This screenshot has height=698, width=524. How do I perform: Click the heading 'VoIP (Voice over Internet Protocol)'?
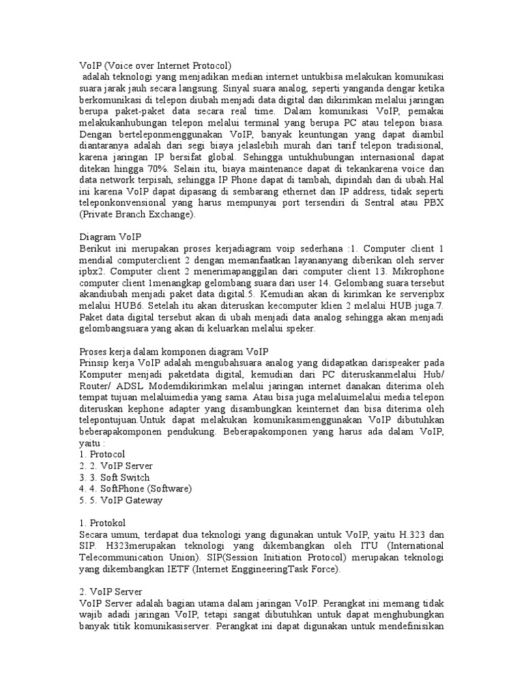pos(156,65)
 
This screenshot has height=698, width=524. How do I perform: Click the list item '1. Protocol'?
pos(102,454)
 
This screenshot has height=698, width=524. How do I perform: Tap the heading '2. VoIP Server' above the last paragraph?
pos(111,592)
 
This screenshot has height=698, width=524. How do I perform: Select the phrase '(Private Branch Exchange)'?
pos(137,214)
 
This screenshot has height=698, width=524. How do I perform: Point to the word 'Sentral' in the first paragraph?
pos(379,203)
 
